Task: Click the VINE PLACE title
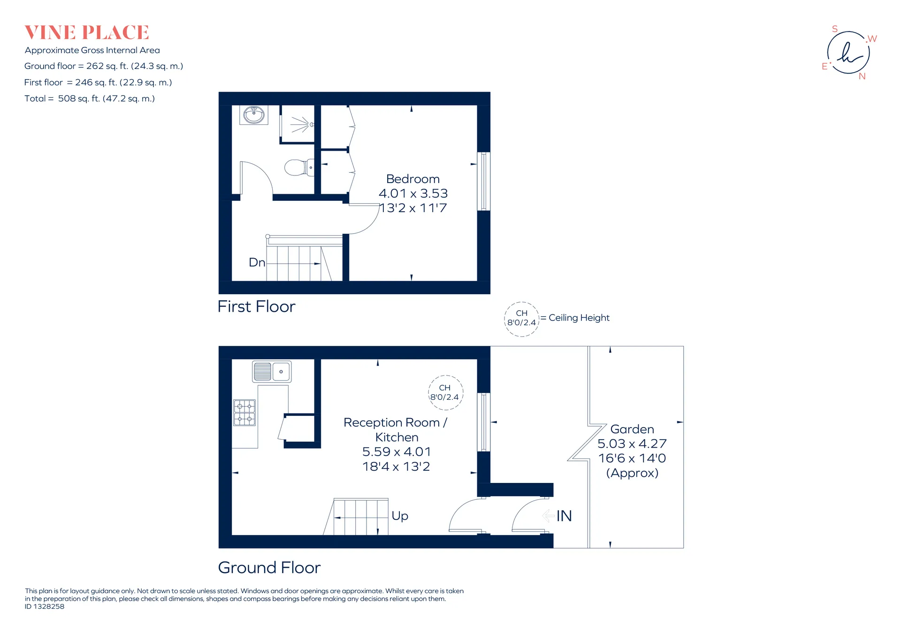pyautogui.click(x=87, y=33)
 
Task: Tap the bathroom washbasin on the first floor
pyautogui.click(x=254, y=115)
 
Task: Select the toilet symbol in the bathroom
pyautogui.click(x=299, y=168)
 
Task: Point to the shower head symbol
pyautogui.click(x=301, y=124)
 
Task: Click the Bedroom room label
pyautogui.click(x=413, y=179)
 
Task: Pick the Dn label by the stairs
pyautogui.click(x=257, y=262)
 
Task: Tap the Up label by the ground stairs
pyautogui.click(x=400, y=516)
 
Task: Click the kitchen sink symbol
pyautogui.click(x=272, y=371)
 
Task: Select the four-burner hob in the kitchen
pyautogui.click(x=244, y=412)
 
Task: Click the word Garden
pyautogui.click(x=632, y=429)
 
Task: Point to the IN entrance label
pyautogui.click(x=564, y=516)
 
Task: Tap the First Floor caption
pyautogui.click(x=256, y=306)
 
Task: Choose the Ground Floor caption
pyautogui.click(x=269, y=567)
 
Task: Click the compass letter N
pyautogui.click(x=862, y=76)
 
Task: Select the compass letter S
pyautogui.click(x=835, y=29)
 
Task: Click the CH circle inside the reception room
pyautogui.click(x=446, y=376)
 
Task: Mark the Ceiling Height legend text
pyautogui.click(x=579, y=318)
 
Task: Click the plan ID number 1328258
pyautogui.click(x=49, y=606)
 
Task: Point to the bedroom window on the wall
pyautogui.click(x=484, y=181)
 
